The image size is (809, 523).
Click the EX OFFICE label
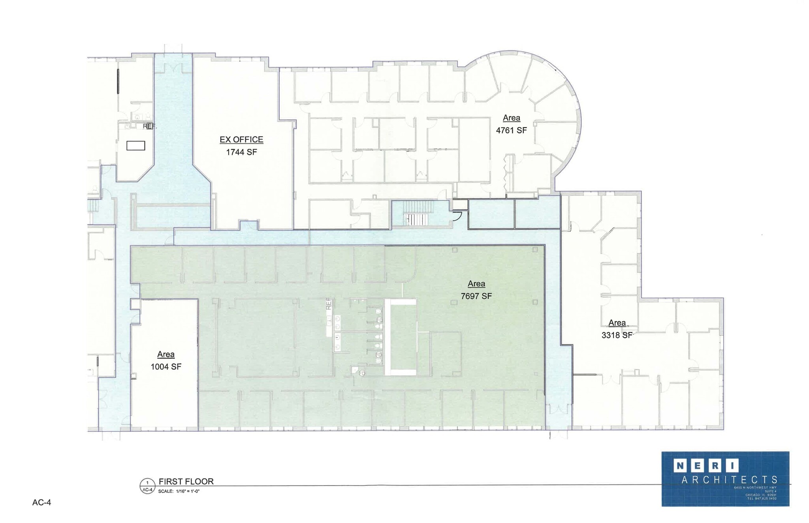[x=241, y=139]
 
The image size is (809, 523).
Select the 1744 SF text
[x=241, y=152]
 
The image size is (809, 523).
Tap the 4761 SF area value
[x=511, y=130]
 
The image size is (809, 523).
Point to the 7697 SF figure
[x=476, y=296]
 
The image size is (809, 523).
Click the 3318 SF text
[x=617, y=335]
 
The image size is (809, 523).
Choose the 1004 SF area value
[x=166, y=367]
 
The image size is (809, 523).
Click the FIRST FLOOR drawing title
[x=186, y=481]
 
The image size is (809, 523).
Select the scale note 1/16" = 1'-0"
[x=179, y=491]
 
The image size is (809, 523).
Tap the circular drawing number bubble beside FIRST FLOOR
[x=147, y=486]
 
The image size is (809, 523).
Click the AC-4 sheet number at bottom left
[x=41, y=502]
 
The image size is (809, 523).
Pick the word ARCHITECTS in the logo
[x=729, y=480]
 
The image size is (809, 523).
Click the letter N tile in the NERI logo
[x=680, y=466]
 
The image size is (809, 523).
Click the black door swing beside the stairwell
[x=458, y=216]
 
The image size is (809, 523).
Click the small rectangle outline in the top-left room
[x=135, y=146]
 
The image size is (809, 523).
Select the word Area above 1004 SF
[x=166, y=354]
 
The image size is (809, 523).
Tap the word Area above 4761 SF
[x=511, y=118]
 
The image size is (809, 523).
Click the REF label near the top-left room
[x=149, y=126]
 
